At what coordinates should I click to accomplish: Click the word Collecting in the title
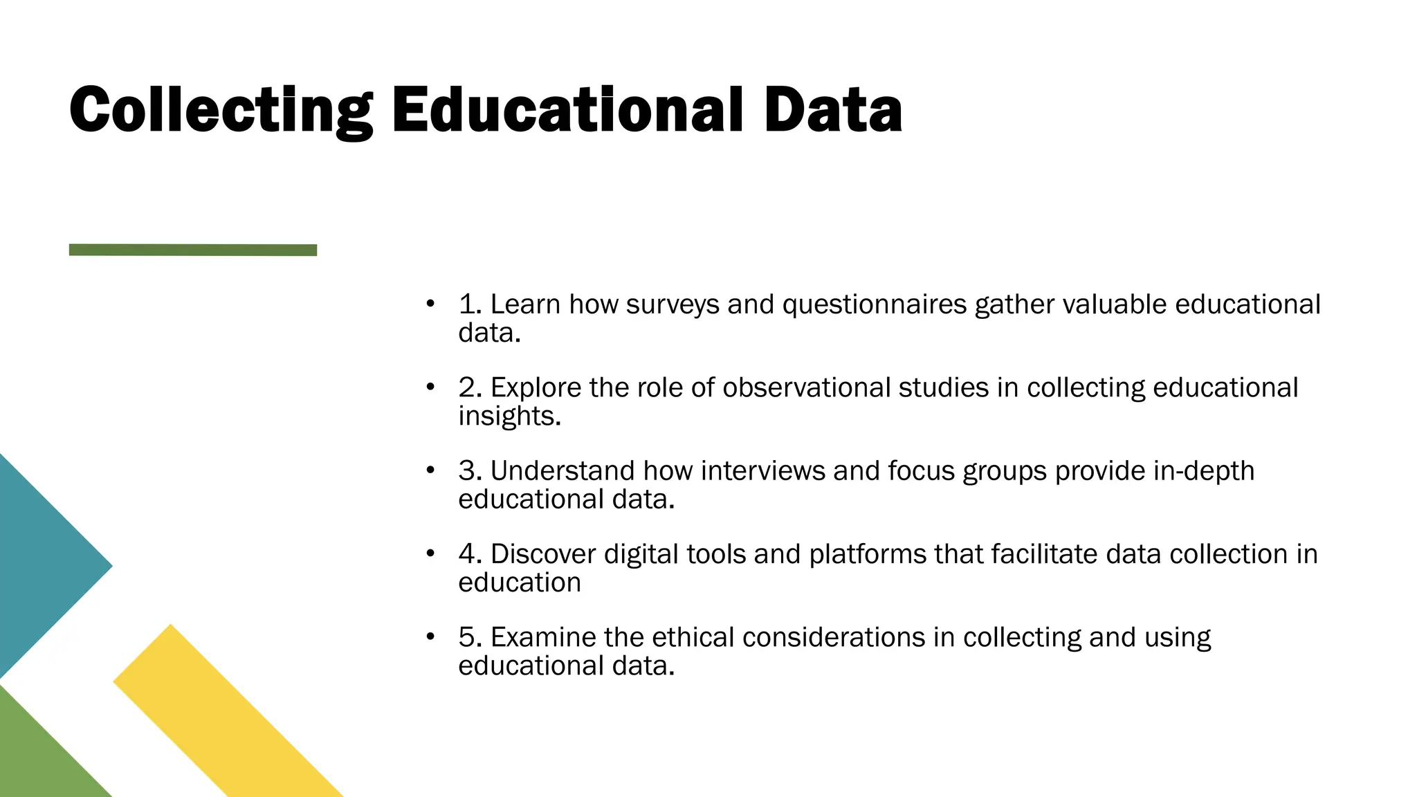point(221,111)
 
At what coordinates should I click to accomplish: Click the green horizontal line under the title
point(193,250)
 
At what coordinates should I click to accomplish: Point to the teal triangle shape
point(42,566)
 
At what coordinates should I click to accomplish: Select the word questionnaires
point(874,304)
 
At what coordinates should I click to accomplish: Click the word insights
point(509,416)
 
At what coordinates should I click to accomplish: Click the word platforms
point(867,554)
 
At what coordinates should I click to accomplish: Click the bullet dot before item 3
point(430,470)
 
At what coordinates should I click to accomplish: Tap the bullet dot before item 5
point(430,636)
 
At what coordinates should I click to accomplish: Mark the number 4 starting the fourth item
point(468,554)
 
